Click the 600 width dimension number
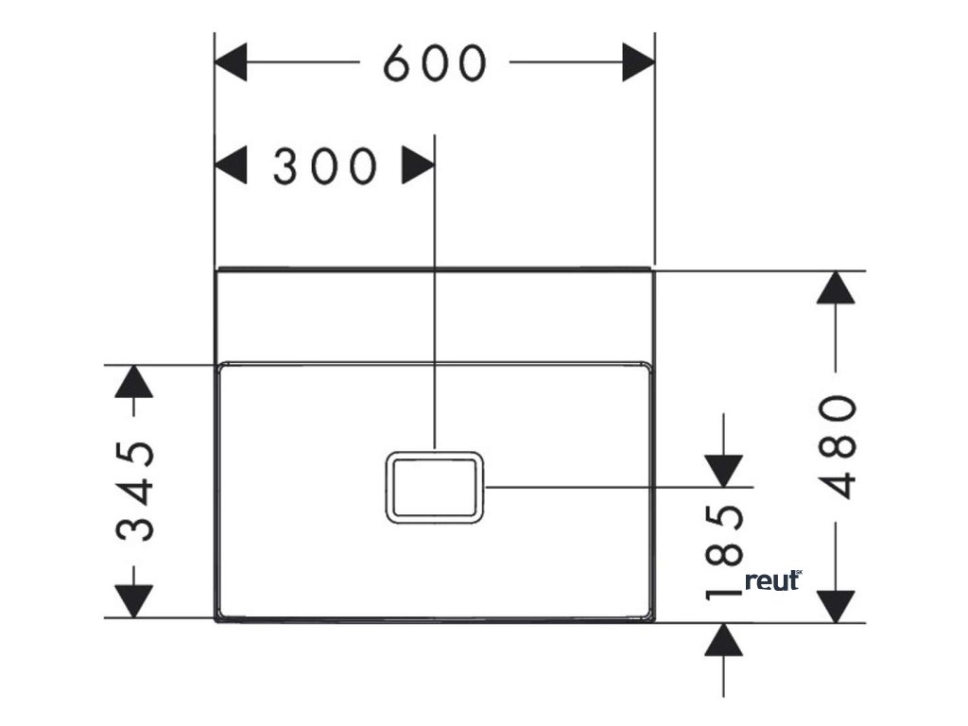click(x=435, y=63)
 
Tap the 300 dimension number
click(x=324, y=167)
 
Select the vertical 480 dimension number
click(x=838, y=446)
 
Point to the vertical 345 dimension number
click(x=135, y=491)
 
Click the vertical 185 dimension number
click(x=724, y=552)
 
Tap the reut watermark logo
click(x=773, y=580)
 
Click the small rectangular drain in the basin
click(x=435, y=486)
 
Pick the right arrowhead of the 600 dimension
click(x=638, y=63)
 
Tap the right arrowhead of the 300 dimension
click(x=417, y=166)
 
